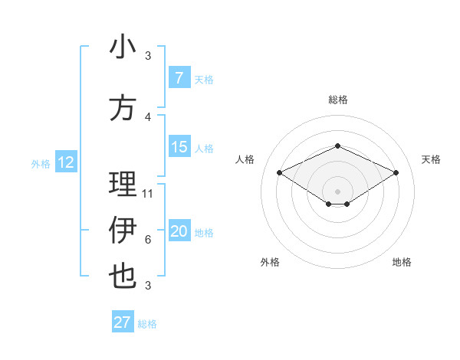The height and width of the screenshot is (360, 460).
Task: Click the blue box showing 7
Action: pyautogui.click(x=179, y=78)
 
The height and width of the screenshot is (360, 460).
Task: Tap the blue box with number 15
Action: pyautogui.click(x=179, y=148)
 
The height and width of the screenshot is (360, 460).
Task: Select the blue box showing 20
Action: pyautogui.click(x=179, y=232)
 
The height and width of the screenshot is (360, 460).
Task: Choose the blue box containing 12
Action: pyautogui.click(x=66, y=162)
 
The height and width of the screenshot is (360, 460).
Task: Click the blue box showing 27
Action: pyautogui.click(x=123, y=322)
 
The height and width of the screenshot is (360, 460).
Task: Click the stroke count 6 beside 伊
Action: pyautogui.click(x=148, y=240)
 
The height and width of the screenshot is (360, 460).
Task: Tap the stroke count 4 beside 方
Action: pyautogui.click(x=148, y=116)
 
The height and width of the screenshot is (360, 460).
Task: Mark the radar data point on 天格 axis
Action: pyautogui.click(x=396, y=172)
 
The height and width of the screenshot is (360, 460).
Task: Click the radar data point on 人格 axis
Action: pyautogui.click(x=279, y=172)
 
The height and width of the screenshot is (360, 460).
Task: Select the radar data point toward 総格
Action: pyautogui.click(x=337, y=146)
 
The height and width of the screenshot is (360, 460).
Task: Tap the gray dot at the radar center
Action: pyautogui.click(x=337, y=190)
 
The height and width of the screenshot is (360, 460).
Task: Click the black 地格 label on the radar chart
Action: pyautogui.click(x=402, y=263)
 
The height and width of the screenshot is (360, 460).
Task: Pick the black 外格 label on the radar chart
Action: pyautogui.click(x=270, y=263)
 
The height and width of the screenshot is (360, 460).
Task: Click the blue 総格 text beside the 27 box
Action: pyautogui.click(x=147, y=324)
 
